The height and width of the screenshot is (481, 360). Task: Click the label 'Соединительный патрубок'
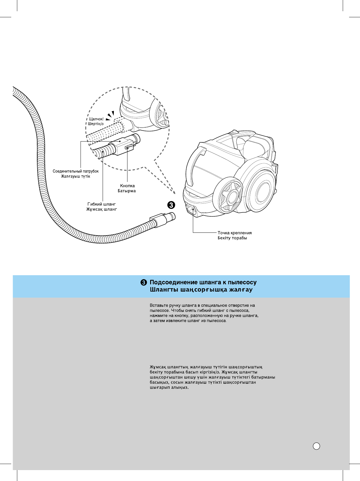click(76, 171)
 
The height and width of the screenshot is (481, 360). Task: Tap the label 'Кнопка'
click(127, 186)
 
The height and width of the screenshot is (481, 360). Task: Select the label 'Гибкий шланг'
click(101, 204)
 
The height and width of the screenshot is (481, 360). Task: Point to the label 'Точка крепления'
click(235, 233)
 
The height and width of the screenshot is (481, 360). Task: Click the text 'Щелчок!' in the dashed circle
click(96, 119)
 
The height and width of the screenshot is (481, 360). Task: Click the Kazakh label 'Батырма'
click(127, 191)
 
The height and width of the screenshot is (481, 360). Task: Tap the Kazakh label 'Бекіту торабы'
click(232, 238)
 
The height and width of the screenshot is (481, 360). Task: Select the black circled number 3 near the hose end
click(171, 205)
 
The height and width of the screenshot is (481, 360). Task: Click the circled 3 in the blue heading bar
click(144, 282)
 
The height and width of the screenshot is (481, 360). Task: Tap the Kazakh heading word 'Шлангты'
click(164, 290)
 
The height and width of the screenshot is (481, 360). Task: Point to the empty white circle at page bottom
click(316, 446)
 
